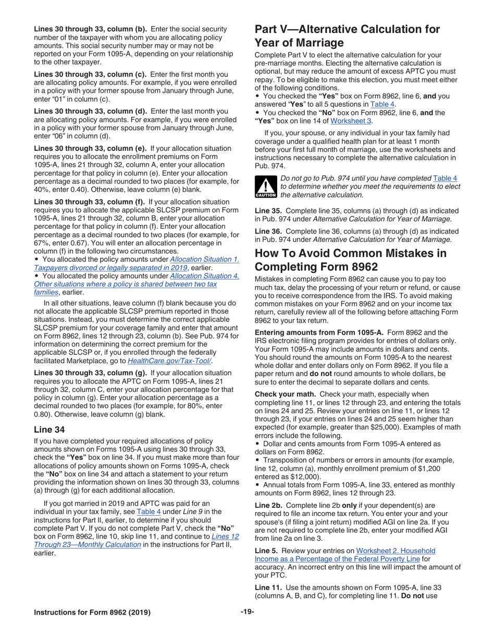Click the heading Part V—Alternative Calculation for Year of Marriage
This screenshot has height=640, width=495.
pyautogui.click(x=347, y=36)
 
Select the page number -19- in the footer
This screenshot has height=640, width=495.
pyautogui.click(x=247, y=612)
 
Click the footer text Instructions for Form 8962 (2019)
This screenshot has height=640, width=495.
pyautogui.click(x=92, y=612)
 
